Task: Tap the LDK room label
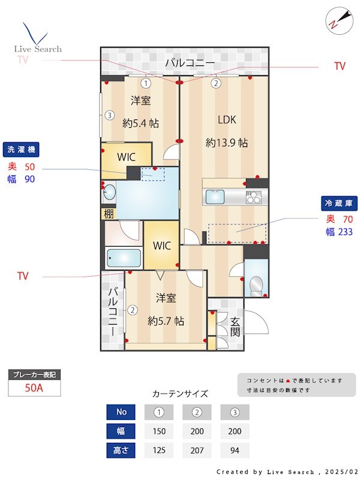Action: pyautogui.click(x=226, y=119)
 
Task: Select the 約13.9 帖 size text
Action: pyautogui.click(x=226, y=143)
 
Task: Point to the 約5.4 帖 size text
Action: pyautogui.click(x=140, y=123)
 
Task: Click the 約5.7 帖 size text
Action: pyautogui.click(x=166, y=320)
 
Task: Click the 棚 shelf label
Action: pyautogui.click(x=108, y=214)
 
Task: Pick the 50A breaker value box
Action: pyautogui.click(x=34, y=388)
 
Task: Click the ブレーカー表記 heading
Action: pyautogui.click(x=34, y=375)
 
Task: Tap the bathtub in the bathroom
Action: pyautogui.click(x=124, y=259)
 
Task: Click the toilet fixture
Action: pyautogui.click(x=256, y=283)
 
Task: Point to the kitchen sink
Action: pyautogui.click(x=214, y=197)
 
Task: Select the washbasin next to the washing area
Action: pyautogui.click(x=109, y=193)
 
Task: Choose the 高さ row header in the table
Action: pyautogui.click(x=122, y=449)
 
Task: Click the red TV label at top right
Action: pyautogui.click(x=340, y=67)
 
